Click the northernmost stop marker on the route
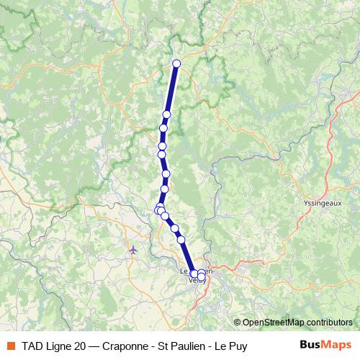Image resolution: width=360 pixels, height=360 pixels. (x=176, y=63)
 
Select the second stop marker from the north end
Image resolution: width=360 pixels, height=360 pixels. (x=167, y=114)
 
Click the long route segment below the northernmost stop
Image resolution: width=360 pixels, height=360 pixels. (x=172, y=89)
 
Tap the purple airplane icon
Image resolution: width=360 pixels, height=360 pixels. (x=132, y=250)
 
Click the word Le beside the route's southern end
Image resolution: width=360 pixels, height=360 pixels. (x=183, y=272)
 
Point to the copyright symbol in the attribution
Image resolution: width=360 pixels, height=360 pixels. (x=238, y=323)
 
